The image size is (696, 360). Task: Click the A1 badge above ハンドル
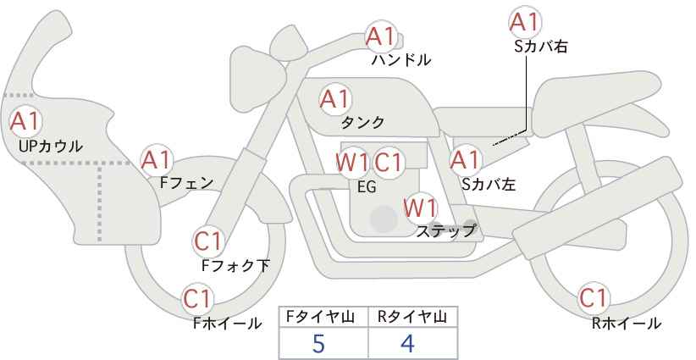point(380,36)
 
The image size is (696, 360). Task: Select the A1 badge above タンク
point(334,98)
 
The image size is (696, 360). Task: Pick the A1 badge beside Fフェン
point(156,159)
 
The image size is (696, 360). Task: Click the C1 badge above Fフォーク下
point(207,241)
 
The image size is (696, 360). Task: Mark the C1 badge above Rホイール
point(593,298)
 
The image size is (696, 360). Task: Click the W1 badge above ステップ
point(419,207)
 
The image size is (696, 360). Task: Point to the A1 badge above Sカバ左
point(465,158)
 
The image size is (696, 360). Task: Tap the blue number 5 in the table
point(318,343)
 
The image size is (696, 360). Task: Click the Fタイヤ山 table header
point(323,317)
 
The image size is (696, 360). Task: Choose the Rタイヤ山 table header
point(412,317)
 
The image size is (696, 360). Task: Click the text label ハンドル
point(401,60)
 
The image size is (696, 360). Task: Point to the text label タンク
point(362,122)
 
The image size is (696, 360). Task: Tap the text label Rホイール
point(627,323)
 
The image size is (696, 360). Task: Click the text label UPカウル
point(50,146)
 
